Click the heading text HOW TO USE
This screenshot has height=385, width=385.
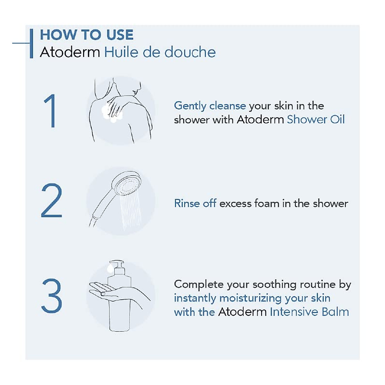point(87,35)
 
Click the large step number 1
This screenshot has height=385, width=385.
point(51,111)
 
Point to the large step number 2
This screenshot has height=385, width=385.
point(51,201)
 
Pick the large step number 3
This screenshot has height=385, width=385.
point(51,295)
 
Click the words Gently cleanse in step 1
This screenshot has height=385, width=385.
point(210,106)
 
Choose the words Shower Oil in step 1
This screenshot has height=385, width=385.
point(316,119)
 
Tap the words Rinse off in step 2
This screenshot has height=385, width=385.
point(195,203)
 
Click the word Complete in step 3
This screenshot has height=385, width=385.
point(199,284)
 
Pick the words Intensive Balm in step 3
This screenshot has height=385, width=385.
point(309,312)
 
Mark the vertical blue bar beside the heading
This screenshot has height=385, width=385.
point(31,44)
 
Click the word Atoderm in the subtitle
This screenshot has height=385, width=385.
point(70,52)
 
